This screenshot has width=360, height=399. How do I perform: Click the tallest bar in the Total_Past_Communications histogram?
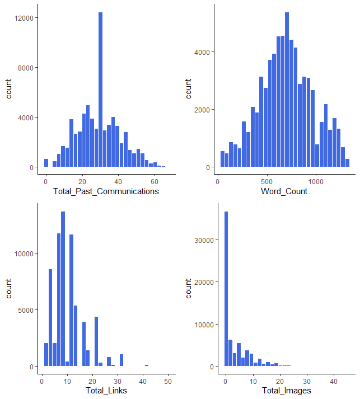point(101,90)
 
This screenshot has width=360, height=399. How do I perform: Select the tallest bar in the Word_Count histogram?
point(287,90)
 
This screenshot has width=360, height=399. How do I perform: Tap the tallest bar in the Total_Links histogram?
point(63,289)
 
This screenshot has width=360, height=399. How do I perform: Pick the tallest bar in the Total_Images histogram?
point(226,289)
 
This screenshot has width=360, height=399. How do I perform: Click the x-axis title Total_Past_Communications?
point(106,191)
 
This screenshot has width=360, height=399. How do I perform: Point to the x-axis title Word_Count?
point(284,191)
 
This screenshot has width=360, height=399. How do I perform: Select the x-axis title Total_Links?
point(106,390)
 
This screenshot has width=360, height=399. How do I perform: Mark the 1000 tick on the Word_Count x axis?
point(316,181)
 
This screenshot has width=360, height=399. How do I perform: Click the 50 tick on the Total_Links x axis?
point(167,381)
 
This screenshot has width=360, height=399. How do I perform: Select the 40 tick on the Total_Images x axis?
point(333,381)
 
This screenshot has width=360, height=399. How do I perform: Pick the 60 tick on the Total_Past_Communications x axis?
point(155,181)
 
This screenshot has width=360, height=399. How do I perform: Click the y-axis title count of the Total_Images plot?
point(189,288)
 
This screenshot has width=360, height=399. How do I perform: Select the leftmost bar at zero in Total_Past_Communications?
point(46,163)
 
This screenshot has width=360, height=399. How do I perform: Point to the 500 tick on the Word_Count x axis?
point(267,181)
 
